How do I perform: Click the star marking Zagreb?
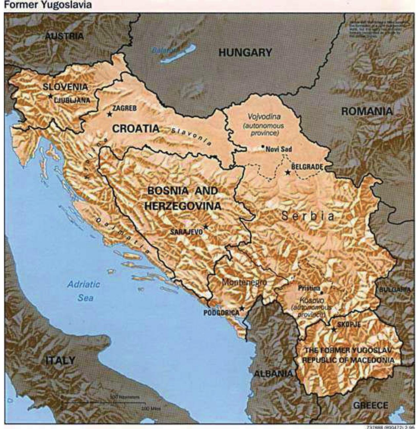pos(109,114)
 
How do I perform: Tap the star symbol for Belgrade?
pos(288,172)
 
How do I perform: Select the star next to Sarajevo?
pos(206,227)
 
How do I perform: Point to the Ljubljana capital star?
pos(50,96)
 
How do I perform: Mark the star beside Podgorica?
pos(242,308)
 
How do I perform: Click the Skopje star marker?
pos(334,329)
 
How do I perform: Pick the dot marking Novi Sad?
pos(263,146)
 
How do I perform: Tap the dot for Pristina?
pos(321,293)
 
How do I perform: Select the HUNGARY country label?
pos(245,53)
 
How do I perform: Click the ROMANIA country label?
pos(367,111)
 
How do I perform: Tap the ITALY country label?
pos(60,360)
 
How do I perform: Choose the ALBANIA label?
pos(273,374)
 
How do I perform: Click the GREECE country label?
pos(370,405)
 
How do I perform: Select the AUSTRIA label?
pos(64,36)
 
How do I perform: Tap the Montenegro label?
pos(244,282)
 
